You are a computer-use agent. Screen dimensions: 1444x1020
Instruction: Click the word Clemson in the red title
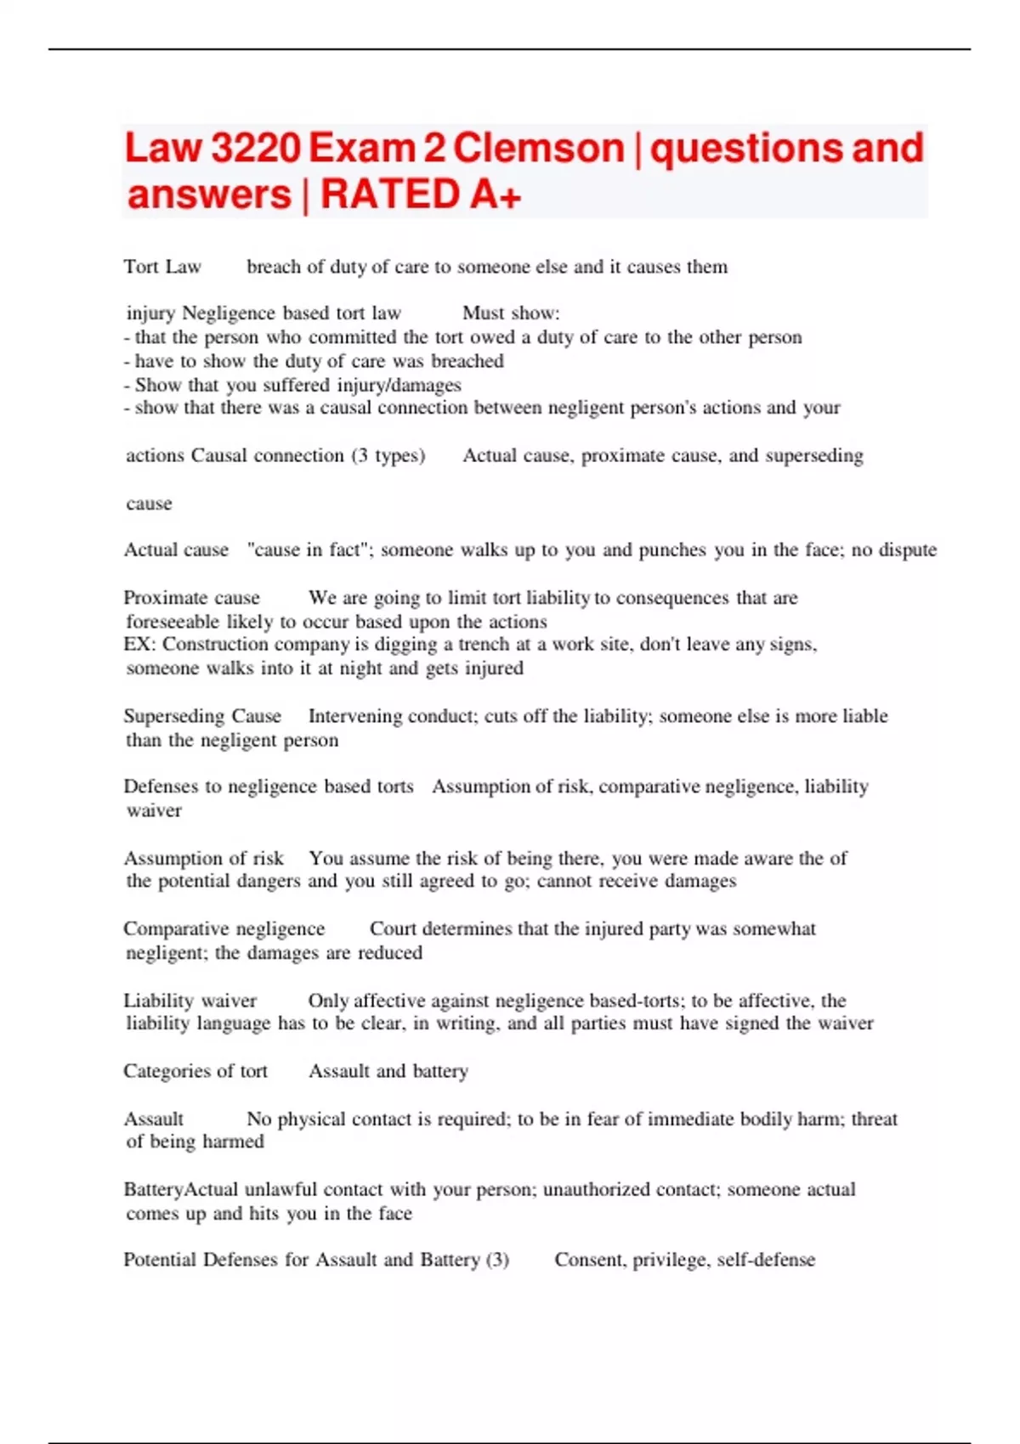[539, 148]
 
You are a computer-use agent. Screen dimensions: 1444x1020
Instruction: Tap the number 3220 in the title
[255, 148]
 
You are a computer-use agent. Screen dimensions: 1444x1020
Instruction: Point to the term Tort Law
[162, 267]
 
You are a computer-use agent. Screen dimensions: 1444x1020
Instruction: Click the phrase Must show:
[511, 313]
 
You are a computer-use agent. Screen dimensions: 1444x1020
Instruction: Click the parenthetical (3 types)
[388, 455]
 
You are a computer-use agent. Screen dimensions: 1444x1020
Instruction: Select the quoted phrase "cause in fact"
[310, 550]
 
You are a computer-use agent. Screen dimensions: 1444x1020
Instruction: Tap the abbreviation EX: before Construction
[139, 644]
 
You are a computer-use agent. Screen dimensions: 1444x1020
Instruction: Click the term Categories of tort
[195, 1071]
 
